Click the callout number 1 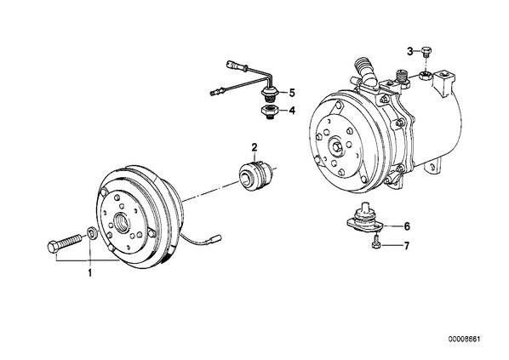90,272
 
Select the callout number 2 254,147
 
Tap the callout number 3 410,51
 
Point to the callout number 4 292,111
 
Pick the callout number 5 292,93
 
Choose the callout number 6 407,226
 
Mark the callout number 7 407,246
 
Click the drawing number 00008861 464,340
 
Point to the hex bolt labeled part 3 426,51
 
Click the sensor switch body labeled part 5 269,93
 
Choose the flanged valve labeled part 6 364,219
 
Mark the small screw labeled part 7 375,244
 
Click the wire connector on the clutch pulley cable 215,239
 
